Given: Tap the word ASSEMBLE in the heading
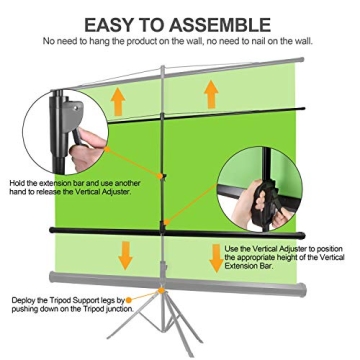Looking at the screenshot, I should tap(222, 23).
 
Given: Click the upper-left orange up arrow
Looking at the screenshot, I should tap(118, 99).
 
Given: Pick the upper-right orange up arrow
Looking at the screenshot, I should tap(212, 93).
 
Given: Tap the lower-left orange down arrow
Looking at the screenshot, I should tap(125, 253).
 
